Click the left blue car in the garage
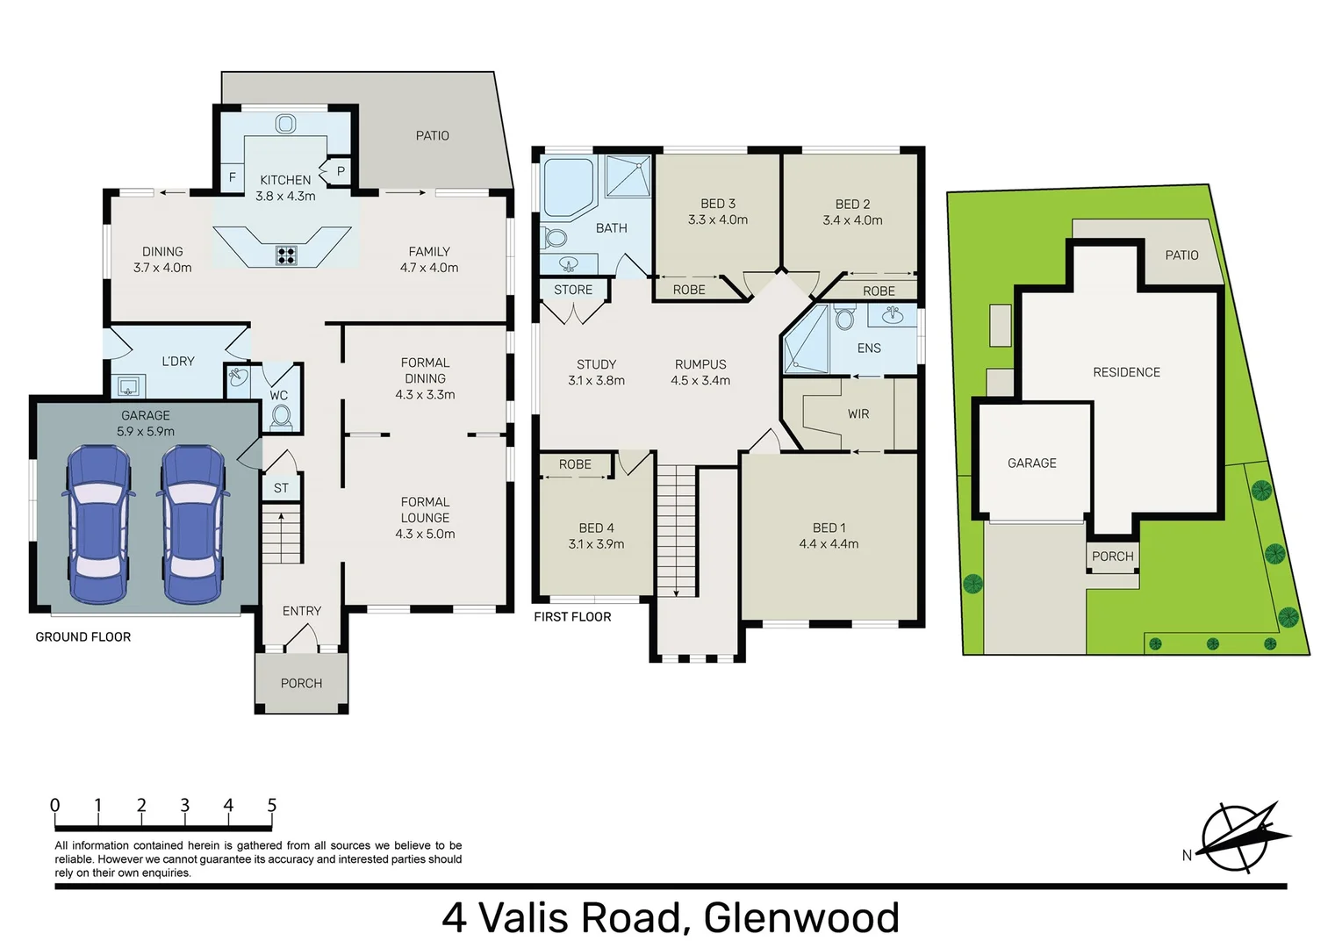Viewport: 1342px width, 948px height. (98, 524)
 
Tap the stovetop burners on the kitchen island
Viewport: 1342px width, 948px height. (286, 255)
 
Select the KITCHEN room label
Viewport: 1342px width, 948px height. (285, 180)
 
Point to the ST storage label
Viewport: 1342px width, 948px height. (281, 488)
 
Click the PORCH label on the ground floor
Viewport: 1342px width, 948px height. (301, 683)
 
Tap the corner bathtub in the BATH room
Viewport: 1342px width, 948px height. (567, 187)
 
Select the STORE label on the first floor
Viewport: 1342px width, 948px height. (573, 290)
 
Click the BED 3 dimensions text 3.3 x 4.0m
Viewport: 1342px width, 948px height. (718, 220)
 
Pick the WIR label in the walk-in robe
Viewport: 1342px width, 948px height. (858, 413)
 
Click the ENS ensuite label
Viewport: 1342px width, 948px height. (869, 348)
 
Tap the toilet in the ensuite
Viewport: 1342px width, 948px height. (844, 317)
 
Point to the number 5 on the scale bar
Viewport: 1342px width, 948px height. (271, 805)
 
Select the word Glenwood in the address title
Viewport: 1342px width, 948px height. (801, 917)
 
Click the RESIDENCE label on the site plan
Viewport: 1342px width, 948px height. (1126, 372)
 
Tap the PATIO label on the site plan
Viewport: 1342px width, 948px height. (1181, 255)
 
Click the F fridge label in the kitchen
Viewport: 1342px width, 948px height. (233, 177)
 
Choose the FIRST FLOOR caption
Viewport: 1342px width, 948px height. (572, 616)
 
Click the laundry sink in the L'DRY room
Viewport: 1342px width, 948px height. (129, 386)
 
